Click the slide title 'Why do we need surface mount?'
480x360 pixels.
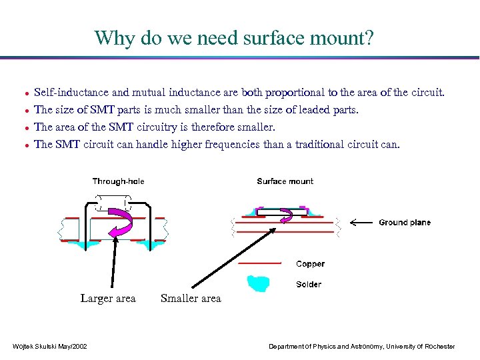tap(234, 38)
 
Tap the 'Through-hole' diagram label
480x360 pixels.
tap(118, 181)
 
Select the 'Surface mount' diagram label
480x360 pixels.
tap(285, 181)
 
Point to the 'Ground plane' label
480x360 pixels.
tap(405, 223)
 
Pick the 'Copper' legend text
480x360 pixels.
tap(310, 264)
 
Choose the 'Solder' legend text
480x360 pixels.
tap(309, 285)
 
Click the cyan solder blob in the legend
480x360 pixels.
tap(259, 283)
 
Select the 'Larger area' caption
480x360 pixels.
tap(108, 299)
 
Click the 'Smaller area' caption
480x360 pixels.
tap(191, 299)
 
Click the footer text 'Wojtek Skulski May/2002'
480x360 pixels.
tap(49, 346)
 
